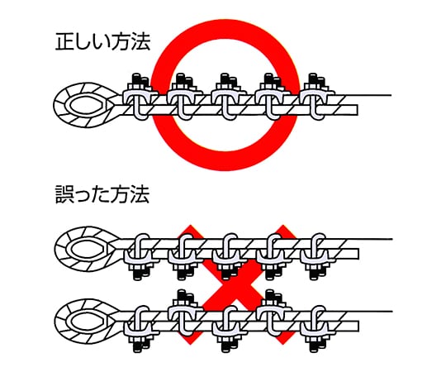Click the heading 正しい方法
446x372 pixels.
[x=102, y=42]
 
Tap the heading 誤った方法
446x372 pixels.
[x=102, y=194]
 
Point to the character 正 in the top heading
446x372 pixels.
[x=65, y=42]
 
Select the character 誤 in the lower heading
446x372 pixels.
[x=64, y=195]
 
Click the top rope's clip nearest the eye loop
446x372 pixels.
[x=140, y=96]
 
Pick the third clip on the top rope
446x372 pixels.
[x=229, y=96]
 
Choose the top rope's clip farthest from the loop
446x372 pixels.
[x=318, y=96]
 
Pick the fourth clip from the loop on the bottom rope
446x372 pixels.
[x=273, y=313]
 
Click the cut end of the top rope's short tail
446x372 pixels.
[x=358, y=110]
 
